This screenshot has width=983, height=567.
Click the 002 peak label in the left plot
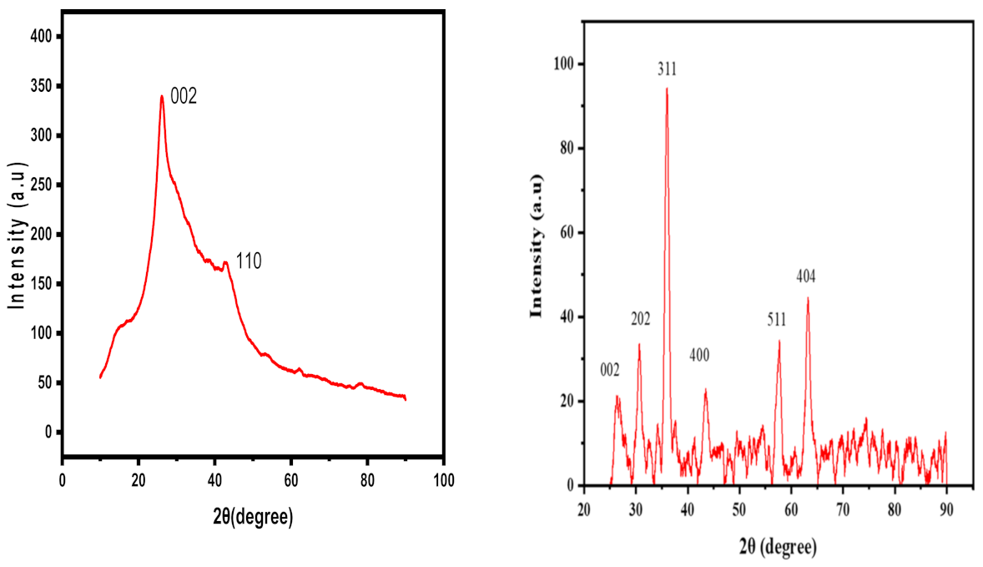(x=184, y=96)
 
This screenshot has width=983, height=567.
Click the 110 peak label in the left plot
(x=249, y=261)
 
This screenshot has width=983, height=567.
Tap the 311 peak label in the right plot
(x=667, y=69)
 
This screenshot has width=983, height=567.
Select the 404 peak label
(x=806, y=276)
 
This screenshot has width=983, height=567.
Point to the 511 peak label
(x=777, y=319)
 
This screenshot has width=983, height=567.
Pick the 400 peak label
(x=699, y=355)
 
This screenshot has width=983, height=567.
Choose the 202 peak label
(x=640, y=319)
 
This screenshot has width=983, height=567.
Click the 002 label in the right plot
(x=609, y=370)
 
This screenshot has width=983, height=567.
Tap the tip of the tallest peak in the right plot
(x=667, y=89)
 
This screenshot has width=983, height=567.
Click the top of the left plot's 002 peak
(x=161, y=96)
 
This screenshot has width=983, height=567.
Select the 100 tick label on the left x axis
(x=444, y=480)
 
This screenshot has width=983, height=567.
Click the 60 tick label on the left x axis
(x=291, y=480)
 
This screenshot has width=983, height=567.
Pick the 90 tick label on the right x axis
(x=946, y=509)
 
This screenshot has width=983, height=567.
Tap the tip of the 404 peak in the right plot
(x=808, y=298)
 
